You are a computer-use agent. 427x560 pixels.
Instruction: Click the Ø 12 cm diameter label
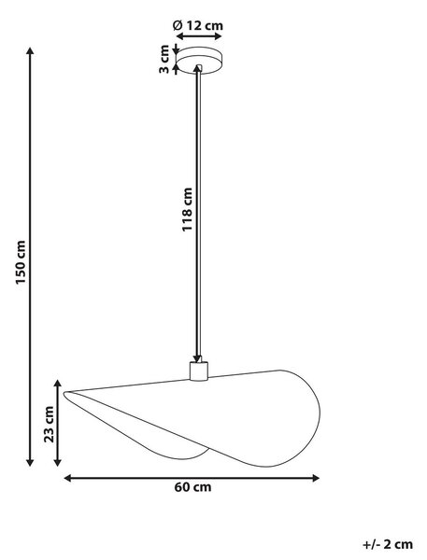point(198,26)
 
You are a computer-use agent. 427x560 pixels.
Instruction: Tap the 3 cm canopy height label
point(164,60)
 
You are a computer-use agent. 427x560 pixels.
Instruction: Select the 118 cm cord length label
point(187,210)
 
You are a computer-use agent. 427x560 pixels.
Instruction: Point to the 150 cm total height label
point(21,262)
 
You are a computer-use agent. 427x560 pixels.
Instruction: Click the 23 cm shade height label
point(49,425)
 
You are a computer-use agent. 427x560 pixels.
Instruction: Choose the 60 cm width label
point(192,487)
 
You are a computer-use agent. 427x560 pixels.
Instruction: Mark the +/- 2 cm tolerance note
point(388,545)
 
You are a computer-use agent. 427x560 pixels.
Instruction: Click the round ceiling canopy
point(200,61)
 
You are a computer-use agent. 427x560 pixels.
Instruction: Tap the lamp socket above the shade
point(198,371)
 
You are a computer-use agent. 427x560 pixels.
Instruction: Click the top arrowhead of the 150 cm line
point(31,51)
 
